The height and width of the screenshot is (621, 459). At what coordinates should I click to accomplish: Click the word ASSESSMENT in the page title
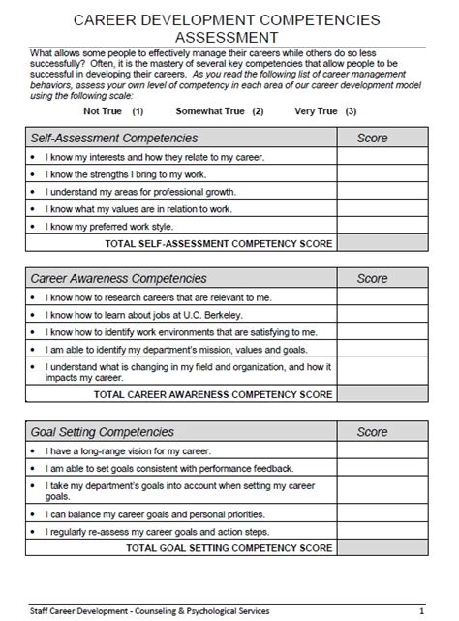click(229, 36)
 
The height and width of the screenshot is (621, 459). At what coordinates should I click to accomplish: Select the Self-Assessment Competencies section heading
click(114, 139)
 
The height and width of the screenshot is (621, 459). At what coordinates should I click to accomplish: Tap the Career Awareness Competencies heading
click(119, 278)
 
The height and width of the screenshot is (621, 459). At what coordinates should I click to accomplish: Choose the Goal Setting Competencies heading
click(103, 431)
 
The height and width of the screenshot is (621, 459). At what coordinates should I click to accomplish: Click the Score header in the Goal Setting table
click(372, 431)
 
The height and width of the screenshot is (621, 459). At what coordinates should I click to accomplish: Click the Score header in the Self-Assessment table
click(372, 139)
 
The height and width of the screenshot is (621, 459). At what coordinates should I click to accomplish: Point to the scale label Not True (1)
click(114, 111)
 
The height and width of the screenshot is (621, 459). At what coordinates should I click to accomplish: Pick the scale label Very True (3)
click(323, 111)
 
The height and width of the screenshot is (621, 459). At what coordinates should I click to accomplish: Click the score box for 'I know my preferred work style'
click(382, 227)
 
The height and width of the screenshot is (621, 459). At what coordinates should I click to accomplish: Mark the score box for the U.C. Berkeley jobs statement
click(382, 314)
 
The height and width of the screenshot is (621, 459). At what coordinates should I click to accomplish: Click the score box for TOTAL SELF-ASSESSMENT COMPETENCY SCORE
click(382, 243)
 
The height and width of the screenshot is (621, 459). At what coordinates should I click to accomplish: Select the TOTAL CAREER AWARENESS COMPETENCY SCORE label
click(213, 394)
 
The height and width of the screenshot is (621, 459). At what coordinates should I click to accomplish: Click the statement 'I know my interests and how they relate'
click(140, 157)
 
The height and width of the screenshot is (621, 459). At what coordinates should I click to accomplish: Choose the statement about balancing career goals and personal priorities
click(155, 513)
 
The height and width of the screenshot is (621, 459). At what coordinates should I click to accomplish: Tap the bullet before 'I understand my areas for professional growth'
click(33, 192)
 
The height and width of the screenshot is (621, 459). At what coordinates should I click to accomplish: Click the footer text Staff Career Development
click(73, 610)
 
